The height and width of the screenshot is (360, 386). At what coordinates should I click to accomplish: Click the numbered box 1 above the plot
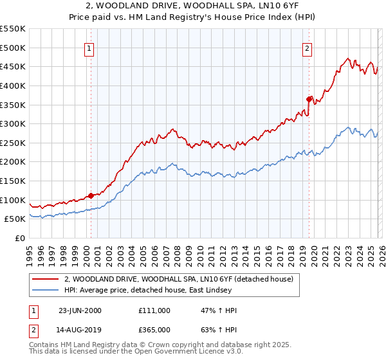coord(89,48)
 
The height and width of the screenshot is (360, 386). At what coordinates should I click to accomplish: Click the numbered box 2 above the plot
coord(308,48)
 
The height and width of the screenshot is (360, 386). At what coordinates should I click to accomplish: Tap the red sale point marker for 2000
coord(91,195)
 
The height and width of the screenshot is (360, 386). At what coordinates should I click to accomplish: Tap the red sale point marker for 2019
coord(309,99)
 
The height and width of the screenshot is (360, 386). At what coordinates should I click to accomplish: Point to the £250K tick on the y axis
coord(13,143)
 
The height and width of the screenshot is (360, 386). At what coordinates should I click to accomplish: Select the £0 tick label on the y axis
coord(19,238)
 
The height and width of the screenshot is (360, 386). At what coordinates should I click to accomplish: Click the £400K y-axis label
coord(13,85)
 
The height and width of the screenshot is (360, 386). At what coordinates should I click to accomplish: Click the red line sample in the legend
coord(46,279)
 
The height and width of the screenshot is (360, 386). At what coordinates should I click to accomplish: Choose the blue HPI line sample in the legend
coord(46,291)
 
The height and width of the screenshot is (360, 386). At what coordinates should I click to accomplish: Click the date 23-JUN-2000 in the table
coord(80,310)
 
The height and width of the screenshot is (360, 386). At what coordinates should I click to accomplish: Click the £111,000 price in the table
coord(154,310)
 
